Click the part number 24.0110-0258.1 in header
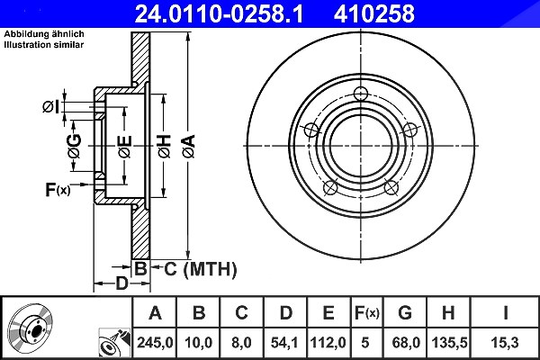pyautogui.click(x=219, y=14)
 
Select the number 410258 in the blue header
pyautogui.click(x=373, y=14)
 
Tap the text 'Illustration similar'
pyautogui.click(x=44, y=45)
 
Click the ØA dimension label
pyautogui.click(x=189, y=147)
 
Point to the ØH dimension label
pyautogui.click(x=165, y=147)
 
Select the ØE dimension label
pyautogui.click(x=125, y=147)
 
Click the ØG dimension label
pyautogui.click(x=75, y=146)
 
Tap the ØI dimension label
pyautogui.click(x=51, y=107)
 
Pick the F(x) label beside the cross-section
pyautogui.click(x=58, y=189)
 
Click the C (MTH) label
pyautogui.click(x=200, y=269)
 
